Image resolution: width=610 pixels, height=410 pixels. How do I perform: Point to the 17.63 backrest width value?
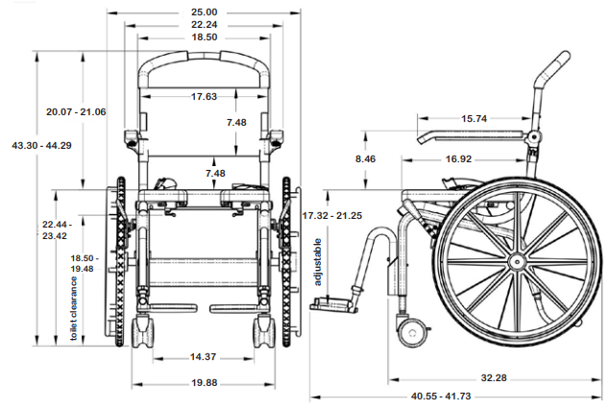tap(203, 96)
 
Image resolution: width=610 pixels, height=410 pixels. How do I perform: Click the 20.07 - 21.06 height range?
tap(76, 112)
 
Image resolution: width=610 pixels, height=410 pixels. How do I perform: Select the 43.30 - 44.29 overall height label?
tap(41, 145)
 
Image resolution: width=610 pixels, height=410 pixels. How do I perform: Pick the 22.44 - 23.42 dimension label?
tap(55, 229)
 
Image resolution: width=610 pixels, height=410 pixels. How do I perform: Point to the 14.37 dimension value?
tap(203, 356)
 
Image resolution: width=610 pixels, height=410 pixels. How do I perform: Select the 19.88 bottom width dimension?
tap(203, 383)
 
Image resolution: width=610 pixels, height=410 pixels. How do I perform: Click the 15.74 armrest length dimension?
tap(475, 119)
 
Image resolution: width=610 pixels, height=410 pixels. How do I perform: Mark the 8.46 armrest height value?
tap(364, 158)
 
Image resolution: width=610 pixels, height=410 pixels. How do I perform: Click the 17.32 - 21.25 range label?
tap(331, 215)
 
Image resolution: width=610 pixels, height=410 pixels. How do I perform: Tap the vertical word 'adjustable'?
tap(318, 263)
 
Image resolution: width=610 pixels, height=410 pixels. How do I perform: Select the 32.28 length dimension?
tap(492, 378)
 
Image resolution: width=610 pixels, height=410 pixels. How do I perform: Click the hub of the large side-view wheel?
tap(516, 261)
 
